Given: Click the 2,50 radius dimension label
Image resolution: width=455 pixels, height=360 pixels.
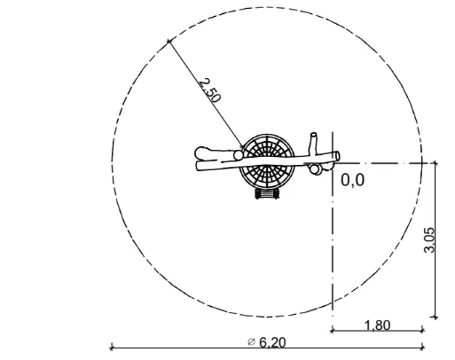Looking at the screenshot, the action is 209,90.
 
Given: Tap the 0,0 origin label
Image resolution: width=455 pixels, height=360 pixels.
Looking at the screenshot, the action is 352,180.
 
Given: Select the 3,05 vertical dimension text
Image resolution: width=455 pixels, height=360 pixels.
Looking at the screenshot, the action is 429,240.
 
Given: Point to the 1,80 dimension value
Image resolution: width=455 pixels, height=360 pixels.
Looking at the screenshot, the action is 378,325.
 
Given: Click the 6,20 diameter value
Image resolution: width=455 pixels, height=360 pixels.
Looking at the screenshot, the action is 272,342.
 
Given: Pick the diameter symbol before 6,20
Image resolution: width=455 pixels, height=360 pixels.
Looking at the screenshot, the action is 251,342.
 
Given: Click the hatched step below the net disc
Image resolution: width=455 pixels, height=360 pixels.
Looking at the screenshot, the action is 267,194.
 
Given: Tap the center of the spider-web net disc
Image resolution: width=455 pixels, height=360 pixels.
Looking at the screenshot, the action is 267,162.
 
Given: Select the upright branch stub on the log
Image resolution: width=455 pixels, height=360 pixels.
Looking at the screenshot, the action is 313,144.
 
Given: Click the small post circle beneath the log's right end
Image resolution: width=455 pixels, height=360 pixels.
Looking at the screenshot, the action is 315,169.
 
